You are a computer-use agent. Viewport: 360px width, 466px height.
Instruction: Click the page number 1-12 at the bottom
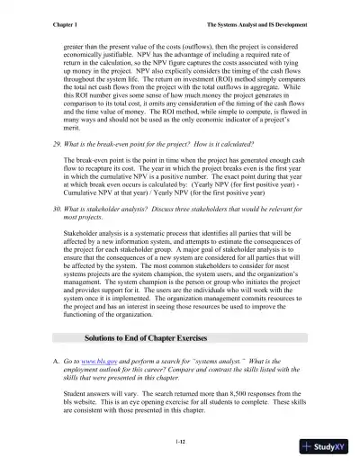179,442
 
